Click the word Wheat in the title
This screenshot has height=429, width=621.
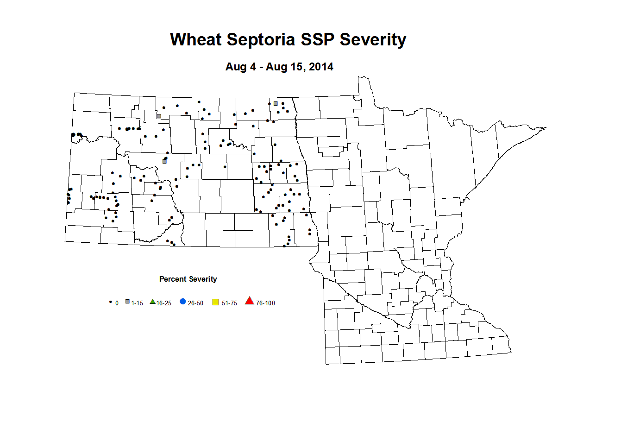[x=196, y=39]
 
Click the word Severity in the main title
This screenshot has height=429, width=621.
[x=373, y=39]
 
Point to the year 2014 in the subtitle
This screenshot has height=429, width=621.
[x=321, y=67]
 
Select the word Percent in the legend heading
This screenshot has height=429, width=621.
[x=170, y=279]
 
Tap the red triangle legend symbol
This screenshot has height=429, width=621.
[x=250, y=301]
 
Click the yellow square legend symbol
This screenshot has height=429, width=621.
[x=215, y=302]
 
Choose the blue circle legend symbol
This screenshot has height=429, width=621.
[x=183, y=302]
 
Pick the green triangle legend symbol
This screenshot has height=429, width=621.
[x=152, y=302]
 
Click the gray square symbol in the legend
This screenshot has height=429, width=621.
[x=127, y=302]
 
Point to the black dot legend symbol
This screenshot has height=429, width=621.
[x=110, y=302]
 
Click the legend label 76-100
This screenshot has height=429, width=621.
[x=265, y=303]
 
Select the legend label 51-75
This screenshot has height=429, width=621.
[x=229, y=303]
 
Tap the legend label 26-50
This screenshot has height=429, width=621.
[x=195, y=303]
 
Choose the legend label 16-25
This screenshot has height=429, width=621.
[x=164, y=303]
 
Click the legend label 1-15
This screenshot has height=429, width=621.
[x=137, y=303]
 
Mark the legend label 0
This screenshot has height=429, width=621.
[x=117, y=303]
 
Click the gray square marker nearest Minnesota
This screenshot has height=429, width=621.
[x=276, y=104]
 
